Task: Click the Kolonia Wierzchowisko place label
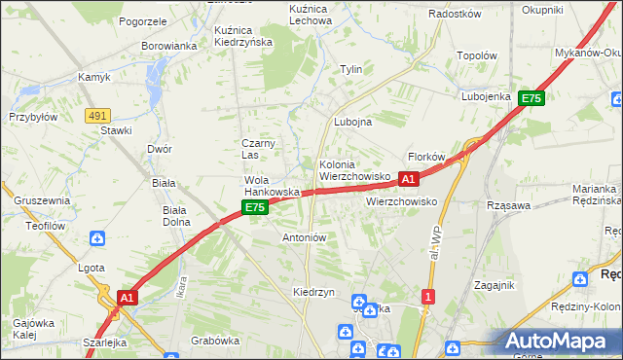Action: click(354, 170)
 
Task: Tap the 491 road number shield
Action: click(96, 115)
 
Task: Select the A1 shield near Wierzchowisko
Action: click(409, 179)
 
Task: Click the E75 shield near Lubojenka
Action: click(531, 98)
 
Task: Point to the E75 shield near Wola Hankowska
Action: click(254, 207)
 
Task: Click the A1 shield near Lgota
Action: click(127, 296)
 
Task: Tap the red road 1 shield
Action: click(427, 295)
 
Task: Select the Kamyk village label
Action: click(95, 77)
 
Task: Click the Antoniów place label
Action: click(304, 236)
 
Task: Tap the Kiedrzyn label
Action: click(313, 292)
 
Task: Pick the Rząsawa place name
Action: click(508, 205)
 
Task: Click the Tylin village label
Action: click(350, 69)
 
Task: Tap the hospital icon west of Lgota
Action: click(97, 237)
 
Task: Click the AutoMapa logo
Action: click(560, 342)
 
